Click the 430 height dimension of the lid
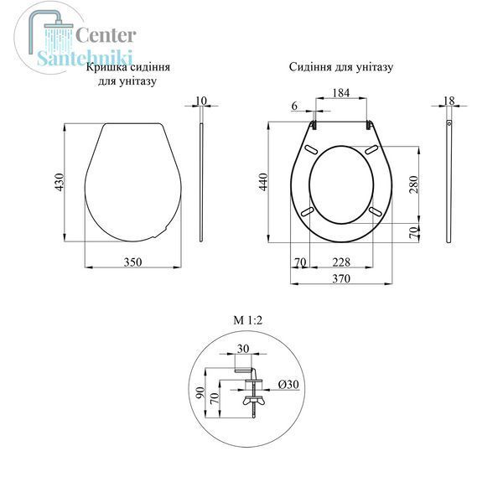coord(60,182)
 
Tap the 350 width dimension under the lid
coord(132,262)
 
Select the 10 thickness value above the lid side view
coord(201,101)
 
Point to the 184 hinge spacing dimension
coord(340,93)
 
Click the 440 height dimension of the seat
coord(263,182)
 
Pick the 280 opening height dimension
coord(414,184)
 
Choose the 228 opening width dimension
coord(341,262)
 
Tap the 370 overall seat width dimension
coord(341,278)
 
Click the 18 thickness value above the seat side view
coord(449,101)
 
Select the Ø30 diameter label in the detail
coord(288,384)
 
